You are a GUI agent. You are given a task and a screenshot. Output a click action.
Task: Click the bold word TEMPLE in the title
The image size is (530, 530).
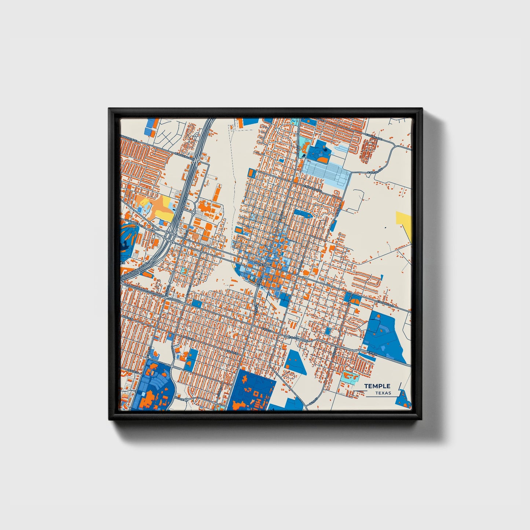click(377, 386)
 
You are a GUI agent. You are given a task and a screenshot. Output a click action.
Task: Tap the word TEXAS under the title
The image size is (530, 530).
click(383, 393)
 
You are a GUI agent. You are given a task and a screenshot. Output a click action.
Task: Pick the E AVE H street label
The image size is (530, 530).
click(372, 353)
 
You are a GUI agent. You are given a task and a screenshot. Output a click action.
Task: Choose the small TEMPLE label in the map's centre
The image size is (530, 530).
click(265, 264)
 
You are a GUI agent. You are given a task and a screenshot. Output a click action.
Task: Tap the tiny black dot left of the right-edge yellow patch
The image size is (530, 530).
click(385, 228)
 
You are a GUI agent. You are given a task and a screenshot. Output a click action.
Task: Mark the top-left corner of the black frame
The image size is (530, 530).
click(109, 109)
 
